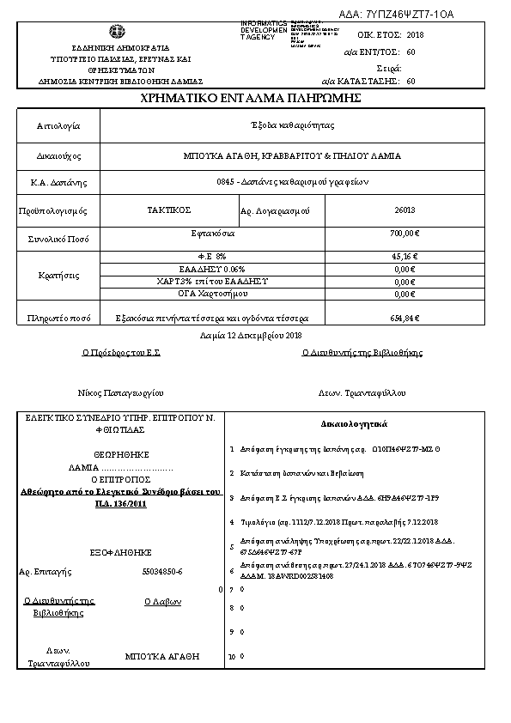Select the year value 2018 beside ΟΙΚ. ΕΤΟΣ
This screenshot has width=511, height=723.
(415, 34)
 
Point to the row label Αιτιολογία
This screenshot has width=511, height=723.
(58, 125)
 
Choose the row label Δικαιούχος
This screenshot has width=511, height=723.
(58, 156)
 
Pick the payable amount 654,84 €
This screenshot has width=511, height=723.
(404, 318)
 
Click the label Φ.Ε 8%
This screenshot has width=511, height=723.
(212, 256)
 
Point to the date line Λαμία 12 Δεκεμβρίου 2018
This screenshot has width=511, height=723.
(252, 335)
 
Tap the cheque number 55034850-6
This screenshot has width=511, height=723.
(162, 571)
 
